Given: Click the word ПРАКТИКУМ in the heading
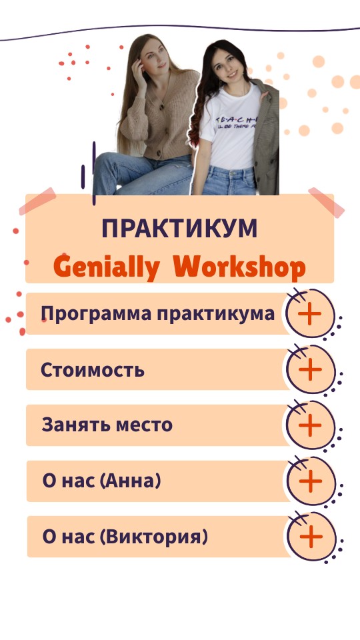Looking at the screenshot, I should point(179,229).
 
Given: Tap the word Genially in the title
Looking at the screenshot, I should point(106,268).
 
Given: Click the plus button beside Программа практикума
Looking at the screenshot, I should point(309,314).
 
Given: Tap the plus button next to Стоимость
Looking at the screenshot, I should point(309,369).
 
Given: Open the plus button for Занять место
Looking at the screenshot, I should point(309,425).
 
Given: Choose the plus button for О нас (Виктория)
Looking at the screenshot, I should point(309,536).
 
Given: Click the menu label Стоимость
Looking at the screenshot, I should point(92,369).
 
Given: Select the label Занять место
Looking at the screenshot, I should point(107,425).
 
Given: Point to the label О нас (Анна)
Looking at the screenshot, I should point(101,481).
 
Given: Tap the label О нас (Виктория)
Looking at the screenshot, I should point(125,536).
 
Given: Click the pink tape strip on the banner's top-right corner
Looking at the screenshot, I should point(326,203).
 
